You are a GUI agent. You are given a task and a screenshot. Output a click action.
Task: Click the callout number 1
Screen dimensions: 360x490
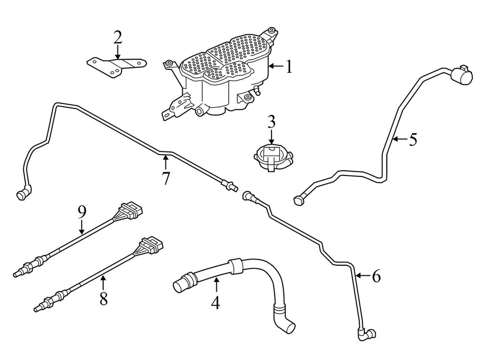pos(289,66)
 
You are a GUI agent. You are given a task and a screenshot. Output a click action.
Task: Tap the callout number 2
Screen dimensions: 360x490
pos(118,37)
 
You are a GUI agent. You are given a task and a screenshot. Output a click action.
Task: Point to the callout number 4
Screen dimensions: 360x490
pos(215,302)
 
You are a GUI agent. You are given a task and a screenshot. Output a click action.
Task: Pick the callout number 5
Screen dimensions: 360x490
pos(412,139)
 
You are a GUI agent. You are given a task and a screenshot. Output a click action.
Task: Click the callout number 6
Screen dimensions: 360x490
pos(376,276)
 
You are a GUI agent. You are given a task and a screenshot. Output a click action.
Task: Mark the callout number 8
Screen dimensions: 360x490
pos(104,298)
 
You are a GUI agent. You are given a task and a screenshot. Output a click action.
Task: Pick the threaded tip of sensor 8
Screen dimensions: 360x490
pos(39,307)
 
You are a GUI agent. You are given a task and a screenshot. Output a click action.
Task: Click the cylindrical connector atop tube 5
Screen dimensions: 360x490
pos(461,76)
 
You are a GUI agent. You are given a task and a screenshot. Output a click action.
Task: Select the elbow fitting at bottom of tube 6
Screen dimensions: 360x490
pos(365,334)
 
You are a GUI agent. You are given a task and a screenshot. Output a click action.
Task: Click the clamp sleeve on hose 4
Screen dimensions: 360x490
pos(235,266)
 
